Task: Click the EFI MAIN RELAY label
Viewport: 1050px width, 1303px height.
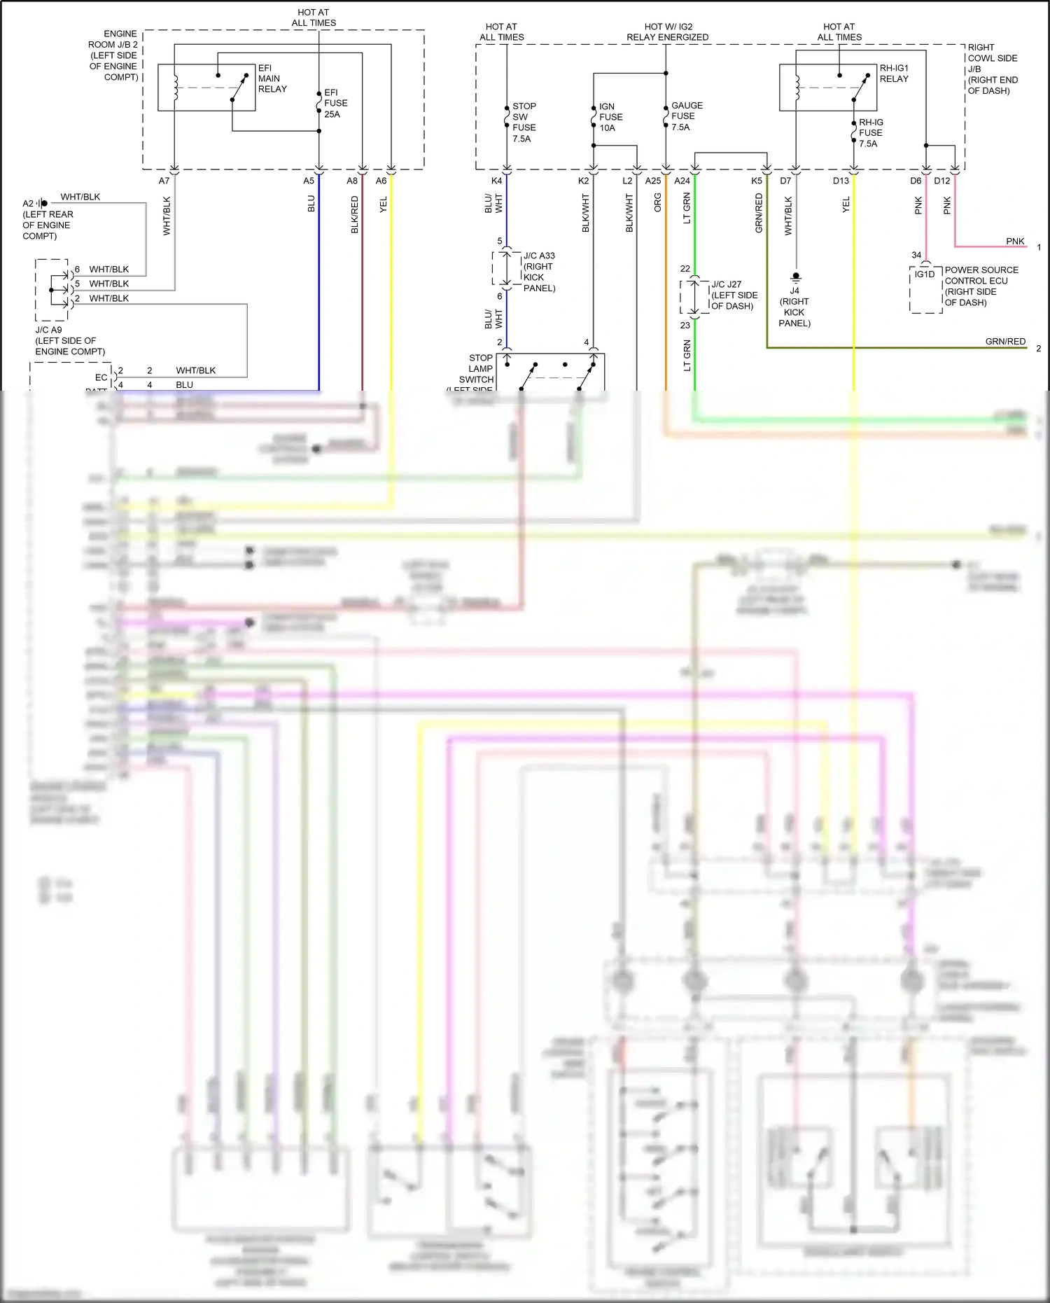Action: pos(272,78)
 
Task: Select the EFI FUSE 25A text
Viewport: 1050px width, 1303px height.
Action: pos(335,103)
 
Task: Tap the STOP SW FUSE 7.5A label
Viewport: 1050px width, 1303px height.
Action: pos(524,123)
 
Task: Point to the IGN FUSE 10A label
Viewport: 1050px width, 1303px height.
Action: pos(610,117)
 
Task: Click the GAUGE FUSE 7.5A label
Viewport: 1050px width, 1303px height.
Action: pos(686,116)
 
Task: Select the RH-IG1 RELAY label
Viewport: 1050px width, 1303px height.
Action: pos(894,74)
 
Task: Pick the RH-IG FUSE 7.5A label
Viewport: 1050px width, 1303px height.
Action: pos(870,132)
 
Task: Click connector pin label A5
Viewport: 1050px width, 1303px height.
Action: pos(309,181)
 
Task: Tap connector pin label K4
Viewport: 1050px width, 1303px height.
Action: pos(496,181)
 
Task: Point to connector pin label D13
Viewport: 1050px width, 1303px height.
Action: pos(841,181)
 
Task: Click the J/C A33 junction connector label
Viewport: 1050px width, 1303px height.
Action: pos(539,272)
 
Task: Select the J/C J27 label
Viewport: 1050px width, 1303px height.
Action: pos(734,295)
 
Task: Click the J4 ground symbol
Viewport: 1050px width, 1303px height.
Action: pos(796,277)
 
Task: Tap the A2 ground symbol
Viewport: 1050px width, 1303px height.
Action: pos(43,203)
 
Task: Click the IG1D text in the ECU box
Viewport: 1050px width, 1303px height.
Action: pos(924,274)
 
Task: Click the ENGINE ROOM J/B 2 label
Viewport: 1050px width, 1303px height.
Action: pos(114,55)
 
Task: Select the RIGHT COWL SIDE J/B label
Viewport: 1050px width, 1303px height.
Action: pos(992,69)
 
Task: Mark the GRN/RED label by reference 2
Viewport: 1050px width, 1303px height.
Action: pos(1005,341)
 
